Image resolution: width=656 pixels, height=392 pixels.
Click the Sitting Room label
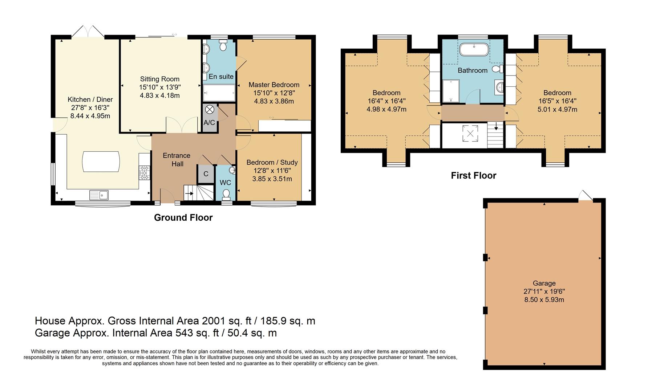(160, 79)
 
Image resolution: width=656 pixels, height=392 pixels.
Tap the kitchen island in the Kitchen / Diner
(101, 162)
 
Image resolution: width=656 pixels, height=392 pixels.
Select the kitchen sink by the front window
(99, 195)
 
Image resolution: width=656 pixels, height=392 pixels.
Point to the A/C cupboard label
(209, 123)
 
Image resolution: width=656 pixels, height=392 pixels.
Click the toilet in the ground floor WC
(226, 194)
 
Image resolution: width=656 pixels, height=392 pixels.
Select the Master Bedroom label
(274, 85)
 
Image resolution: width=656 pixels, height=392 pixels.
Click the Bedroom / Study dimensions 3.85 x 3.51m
(272, 179)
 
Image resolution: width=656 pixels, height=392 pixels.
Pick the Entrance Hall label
(177, 160)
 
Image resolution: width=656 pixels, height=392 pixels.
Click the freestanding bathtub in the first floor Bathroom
(474, 49)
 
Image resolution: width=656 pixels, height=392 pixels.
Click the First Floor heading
(474, 176)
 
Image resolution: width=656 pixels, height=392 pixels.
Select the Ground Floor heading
(183, 217)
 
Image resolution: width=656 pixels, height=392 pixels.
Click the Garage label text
(544, 283)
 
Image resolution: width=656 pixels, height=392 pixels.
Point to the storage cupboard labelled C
(206, 174)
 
